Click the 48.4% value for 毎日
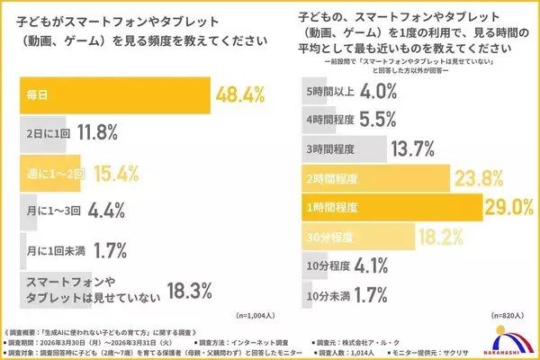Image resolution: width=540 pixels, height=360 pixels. (242, 94)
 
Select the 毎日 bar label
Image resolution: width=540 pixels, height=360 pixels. (35, 94)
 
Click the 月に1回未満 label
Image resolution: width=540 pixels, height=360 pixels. (52, 250)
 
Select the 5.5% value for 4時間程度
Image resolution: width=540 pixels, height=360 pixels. (371, 120)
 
